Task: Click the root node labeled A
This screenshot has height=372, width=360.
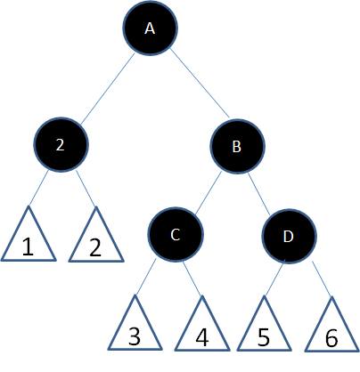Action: point(150,28)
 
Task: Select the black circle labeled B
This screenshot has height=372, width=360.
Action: point(237,146)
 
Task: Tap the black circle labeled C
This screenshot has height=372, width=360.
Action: point(176,234)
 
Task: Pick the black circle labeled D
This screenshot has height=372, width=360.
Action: point(289,236)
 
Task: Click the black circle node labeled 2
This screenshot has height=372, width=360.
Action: point(61,144)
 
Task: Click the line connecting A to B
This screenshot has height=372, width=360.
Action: point(200,84)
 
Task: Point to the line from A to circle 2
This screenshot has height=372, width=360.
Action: point(108,89)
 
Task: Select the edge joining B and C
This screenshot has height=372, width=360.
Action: point(209,193)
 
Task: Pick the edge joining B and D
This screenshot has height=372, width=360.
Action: point(258,193)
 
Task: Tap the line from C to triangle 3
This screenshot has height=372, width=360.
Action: point(145,277)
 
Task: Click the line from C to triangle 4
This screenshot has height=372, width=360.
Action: point(192,279)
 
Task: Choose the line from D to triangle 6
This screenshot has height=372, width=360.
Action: point(322,279)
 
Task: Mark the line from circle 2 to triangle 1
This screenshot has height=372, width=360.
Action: point(38,188)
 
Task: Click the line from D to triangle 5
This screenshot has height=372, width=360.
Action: point(274,278)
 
